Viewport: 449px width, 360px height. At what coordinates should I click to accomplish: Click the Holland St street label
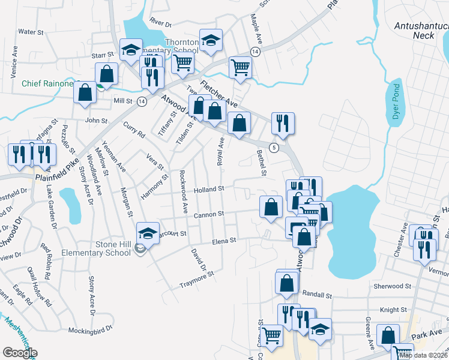(209, 188)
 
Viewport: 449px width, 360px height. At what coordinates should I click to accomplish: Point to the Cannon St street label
(209, 213)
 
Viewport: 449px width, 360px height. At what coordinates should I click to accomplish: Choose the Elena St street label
(224, 241)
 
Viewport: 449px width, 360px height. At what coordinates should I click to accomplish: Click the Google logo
(20, 352)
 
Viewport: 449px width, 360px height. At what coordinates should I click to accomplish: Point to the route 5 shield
(274, 148)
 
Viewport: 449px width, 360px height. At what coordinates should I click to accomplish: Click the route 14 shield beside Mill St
(142, 101)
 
